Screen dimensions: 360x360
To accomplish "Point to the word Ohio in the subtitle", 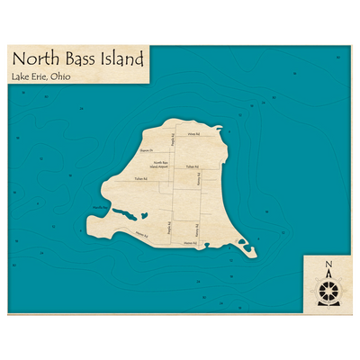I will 62,78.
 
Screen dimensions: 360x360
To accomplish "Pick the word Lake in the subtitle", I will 21,78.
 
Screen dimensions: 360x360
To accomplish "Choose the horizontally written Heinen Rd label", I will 189,243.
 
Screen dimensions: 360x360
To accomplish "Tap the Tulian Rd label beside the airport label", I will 191,167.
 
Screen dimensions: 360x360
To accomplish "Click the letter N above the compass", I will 328,265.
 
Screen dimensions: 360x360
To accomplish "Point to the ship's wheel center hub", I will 328,291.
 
